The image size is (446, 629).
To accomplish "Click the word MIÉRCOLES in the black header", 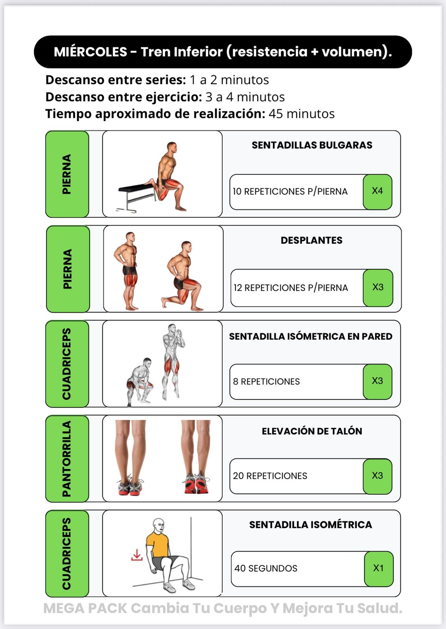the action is pyautogui.click(x=90, y=52).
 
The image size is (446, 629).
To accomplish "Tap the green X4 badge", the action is pyautogui.click(x=378, y=192).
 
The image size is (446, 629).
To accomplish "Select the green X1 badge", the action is pyautogui.click(x=379, y=569).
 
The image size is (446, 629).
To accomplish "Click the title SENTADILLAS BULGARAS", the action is pyautogui.click(x=312, y=145).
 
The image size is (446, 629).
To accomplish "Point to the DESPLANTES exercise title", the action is pyautogui.click(x=311, y=240).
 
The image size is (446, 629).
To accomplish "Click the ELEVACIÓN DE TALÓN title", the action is pyautogui.click(x=312, y=431).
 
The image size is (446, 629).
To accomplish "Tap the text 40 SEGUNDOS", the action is pyautogui.click(x=266, y=568).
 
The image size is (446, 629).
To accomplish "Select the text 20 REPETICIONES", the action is pyautogui.click(x=270, y=476).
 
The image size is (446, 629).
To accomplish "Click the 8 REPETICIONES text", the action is pyautogui.click(x=266, y=381).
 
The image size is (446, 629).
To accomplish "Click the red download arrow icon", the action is pyautogui.click(x=137, y=555).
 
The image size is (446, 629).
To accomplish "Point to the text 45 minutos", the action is pyautogui.click(x=302, y=114).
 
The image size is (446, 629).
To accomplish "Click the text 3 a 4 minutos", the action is pyautogui.click(x=245, y=97).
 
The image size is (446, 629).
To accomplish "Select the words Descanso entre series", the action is pyautogui.click(x=115, y=80).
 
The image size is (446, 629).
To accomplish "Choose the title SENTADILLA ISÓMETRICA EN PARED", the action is pyautogui.click(x=311, y=336).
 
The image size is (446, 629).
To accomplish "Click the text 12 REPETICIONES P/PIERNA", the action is pyautogui.click(x=291, y=288).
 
